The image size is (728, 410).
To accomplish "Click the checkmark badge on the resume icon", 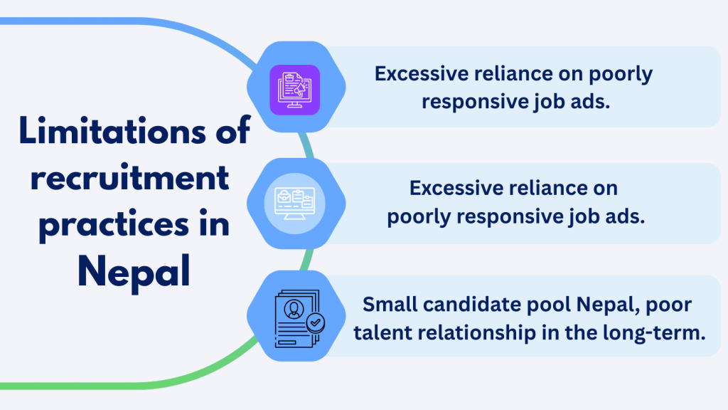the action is point(315,322).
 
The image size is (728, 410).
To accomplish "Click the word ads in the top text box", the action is point(594,102).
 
